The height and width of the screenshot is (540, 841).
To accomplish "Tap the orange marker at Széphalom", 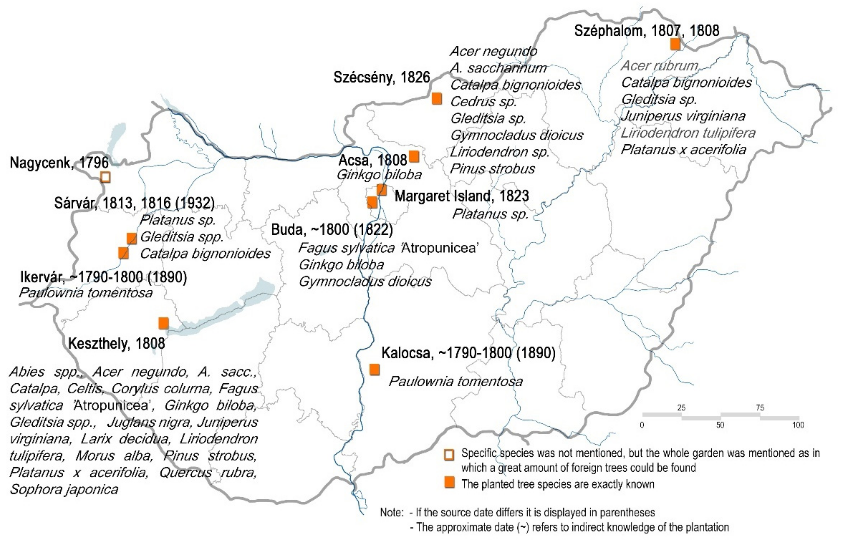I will (x=675, y=44).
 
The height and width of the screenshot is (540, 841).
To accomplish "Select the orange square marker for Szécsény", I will (x=437, y=99).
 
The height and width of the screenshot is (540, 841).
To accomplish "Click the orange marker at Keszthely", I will (x=163, y=323).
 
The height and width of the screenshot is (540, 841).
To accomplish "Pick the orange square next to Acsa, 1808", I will (x=414, y=156).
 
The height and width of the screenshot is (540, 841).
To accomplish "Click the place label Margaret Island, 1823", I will (x=462, y=196).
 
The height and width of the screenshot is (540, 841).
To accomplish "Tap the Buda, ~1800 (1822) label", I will (x=332, y=230).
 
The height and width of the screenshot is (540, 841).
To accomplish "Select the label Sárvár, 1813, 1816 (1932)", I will (x=134, y=203).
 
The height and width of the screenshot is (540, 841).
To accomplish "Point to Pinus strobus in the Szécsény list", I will (x=492, y=169).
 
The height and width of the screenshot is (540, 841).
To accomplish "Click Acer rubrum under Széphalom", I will (x=660, y=66).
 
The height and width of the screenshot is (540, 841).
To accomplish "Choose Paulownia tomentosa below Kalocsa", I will (x=455, y=381).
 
